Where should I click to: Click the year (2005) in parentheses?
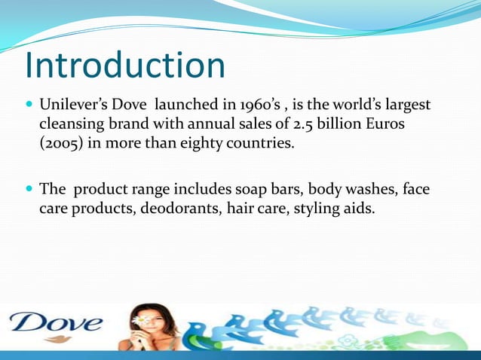tap(62, 143)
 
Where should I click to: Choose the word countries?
tap(259, 143)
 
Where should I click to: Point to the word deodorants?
tap(182, 209)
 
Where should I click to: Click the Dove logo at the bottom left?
tap(54, 325)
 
